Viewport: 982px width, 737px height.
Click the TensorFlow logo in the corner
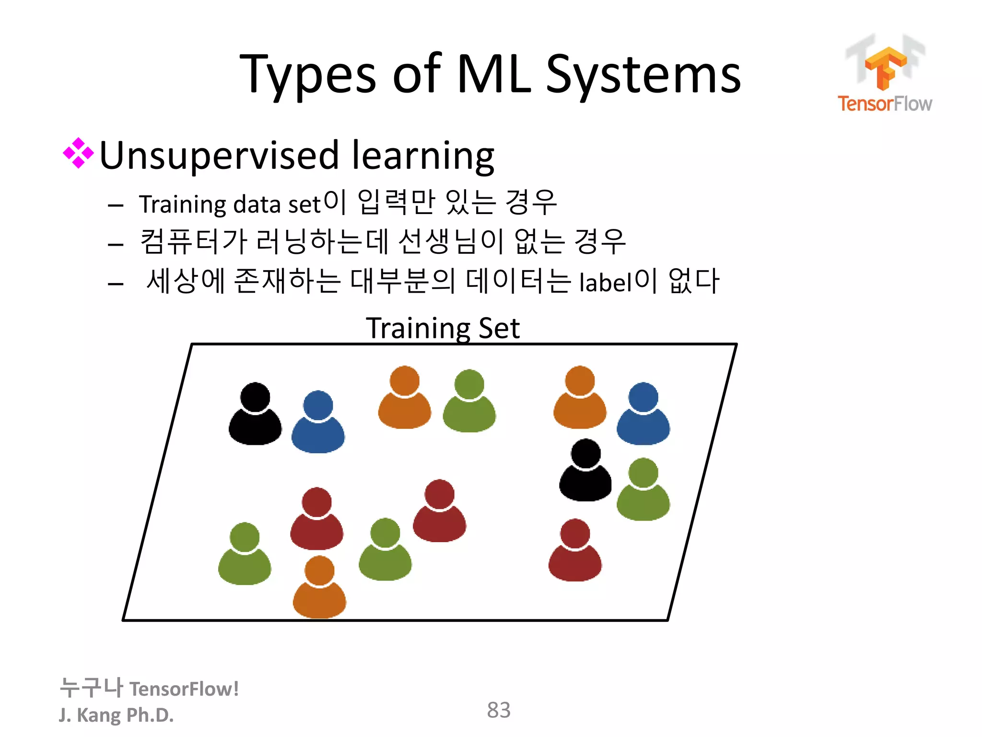[x=885, y=74]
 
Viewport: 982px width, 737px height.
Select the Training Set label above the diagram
[x=442, y=328]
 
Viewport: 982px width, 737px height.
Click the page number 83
[x=498, y=710]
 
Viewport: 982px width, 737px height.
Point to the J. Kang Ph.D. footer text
[x=116, y=714]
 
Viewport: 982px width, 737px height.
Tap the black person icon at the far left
[x=255, y=414]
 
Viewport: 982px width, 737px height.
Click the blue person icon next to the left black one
[x=318, y=422]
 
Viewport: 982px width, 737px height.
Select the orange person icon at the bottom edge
[x=319, y=588]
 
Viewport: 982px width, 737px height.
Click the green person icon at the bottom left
[x=245, y=554]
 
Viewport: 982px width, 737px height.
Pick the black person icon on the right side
[x=585, y=471]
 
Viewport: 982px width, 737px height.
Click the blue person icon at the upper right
[x=643, y=414]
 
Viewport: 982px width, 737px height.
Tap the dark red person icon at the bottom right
[x=575, y=550]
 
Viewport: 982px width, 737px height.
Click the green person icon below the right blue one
[x=643, y=490]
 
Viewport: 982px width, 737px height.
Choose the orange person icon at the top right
[x=580, y=398]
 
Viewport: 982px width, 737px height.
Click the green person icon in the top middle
[x=469, y=401]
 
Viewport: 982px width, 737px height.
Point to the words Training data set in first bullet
[x=230, y=204]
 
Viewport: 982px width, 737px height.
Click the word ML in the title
[x=494, y=74]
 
